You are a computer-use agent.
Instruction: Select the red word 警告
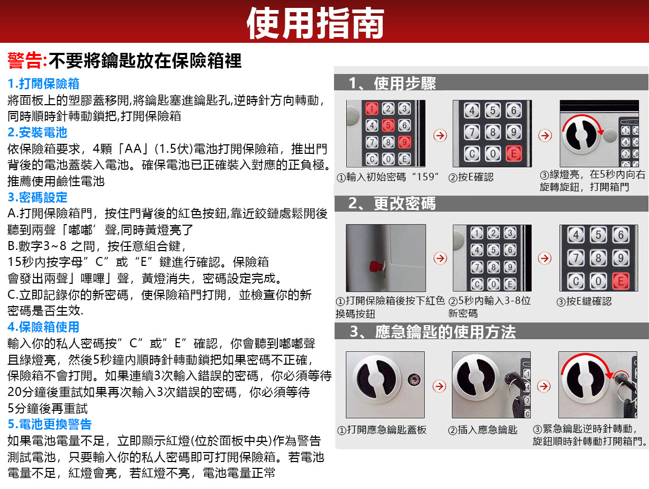pos(24,61)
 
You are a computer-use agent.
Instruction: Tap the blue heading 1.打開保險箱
pos(43,84)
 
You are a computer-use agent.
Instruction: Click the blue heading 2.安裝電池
pos(38,132)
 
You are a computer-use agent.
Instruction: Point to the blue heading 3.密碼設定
pos(38,197)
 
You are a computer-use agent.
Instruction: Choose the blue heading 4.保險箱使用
pos(43,327)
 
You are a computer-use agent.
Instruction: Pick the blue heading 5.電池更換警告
pos(50,424)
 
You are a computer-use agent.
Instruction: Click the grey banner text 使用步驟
pos(405,83)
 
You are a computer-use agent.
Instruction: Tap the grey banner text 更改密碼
pos(404,204)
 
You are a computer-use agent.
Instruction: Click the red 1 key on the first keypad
pos(372,108)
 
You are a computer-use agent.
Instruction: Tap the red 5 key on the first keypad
pos(388,125)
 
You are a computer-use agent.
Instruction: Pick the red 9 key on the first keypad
pos(404,142)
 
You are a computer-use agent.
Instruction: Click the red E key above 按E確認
pos(513,153)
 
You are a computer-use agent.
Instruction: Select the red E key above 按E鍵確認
pos(620,281)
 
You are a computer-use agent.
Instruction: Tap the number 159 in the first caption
pos(426,177)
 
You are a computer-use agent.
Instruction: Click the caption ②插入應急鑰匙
pos(483,430)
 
